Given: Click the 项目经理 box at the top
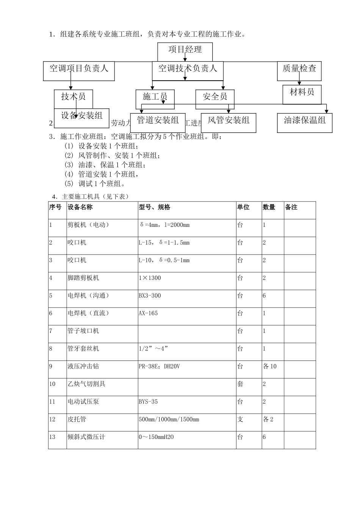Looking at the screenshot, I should [185, 50].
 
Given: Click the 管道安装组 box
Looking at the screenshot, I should [158, 121].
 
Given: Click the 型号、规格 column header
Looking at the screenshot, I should [155, 207].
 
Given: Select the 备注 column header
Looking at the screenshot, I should [291, 207].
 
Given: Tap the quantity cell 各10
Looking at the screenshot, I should [270, 366].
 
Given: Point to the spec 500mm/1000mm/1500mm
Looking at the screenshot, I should [169, 419].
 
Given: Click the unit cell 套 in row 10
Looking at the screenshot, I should [240, 384].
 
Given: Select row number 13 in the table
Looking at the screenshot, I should [52, 437].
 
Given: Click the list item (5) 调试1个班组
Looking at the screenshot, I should [95, 184].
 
